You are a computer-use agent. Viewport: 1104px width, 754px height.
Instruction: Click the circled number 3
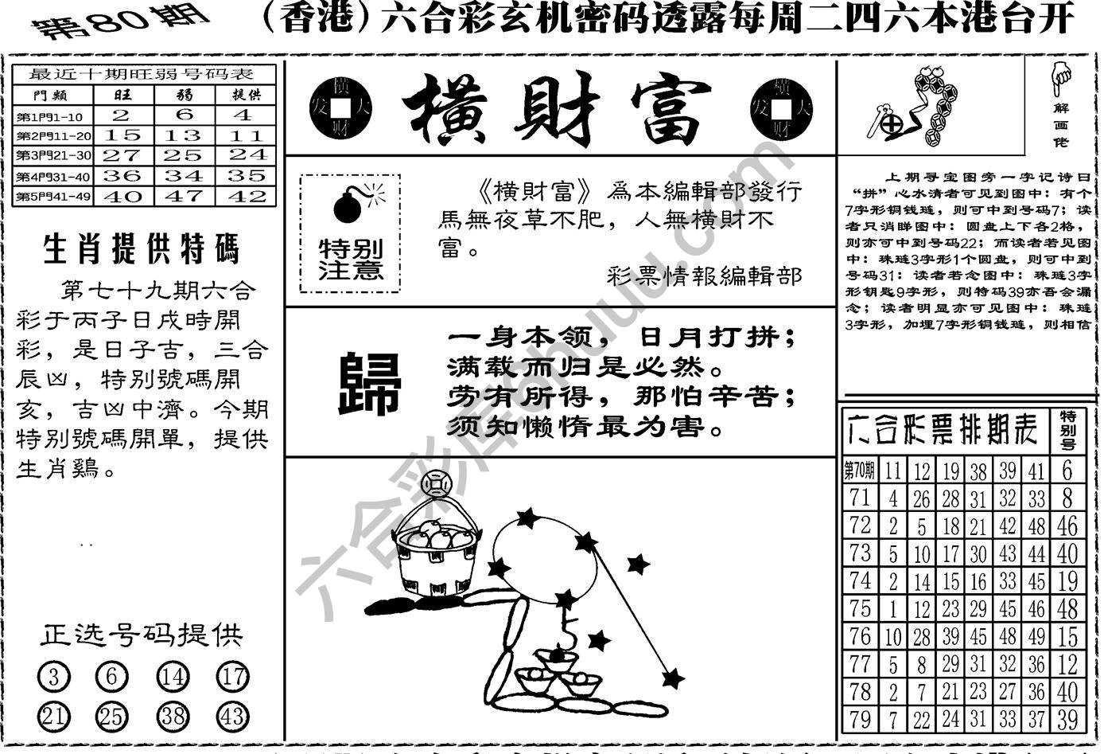point(53,678)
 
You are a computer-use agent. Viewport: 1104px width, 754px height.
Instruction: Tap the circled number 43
point(232,717)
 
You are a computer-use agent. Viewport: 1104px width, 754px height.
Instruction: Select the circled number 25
point(112,717)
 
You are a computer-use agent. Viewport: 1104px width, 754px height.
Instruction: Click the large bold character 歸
point(369,385)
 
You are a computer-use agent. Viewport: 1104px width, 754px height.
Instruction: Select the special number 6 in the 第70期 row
point(1067,471)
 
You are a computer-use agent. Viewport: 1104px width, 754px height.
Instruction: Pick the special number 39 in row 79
point(1067,719)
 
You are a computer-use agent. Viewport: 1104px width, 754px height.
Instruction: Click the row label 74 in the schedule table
point(859,581)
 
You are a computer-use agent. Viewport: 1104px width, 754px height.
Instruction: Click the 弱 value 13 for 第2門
point(185,135)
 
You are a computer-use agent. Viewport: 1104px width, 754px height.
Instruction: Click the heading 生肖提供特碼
point(141,249)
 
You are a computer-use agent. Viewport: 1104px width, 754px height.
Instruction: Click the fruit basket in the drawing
point(436,549)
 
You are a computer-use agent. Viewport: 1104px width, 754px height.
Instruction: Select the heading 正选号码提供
point(141,635)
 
